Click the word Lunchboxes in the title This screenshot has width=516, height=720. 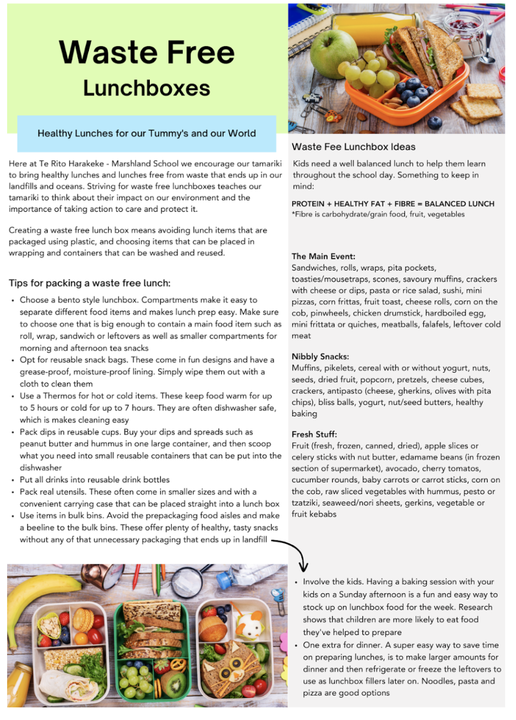(147, 88)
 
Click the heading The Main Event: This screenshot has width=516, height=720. (323, 256)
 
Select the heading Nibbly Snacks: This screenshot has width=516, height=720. (320, 356)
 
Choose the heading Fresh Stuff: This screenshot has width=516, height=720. (314, 434)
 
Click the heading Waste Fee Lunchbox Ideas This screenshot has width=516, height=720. (353, 147)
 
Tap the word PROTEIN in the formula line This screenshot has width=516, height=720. (308, 204)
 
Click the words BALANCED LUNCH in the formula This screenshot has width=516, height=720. (459, 204)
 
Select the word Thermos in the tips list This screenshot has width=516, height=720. (59, 396)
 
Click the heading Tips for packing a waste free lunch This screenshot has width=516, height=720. (90, 283)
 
